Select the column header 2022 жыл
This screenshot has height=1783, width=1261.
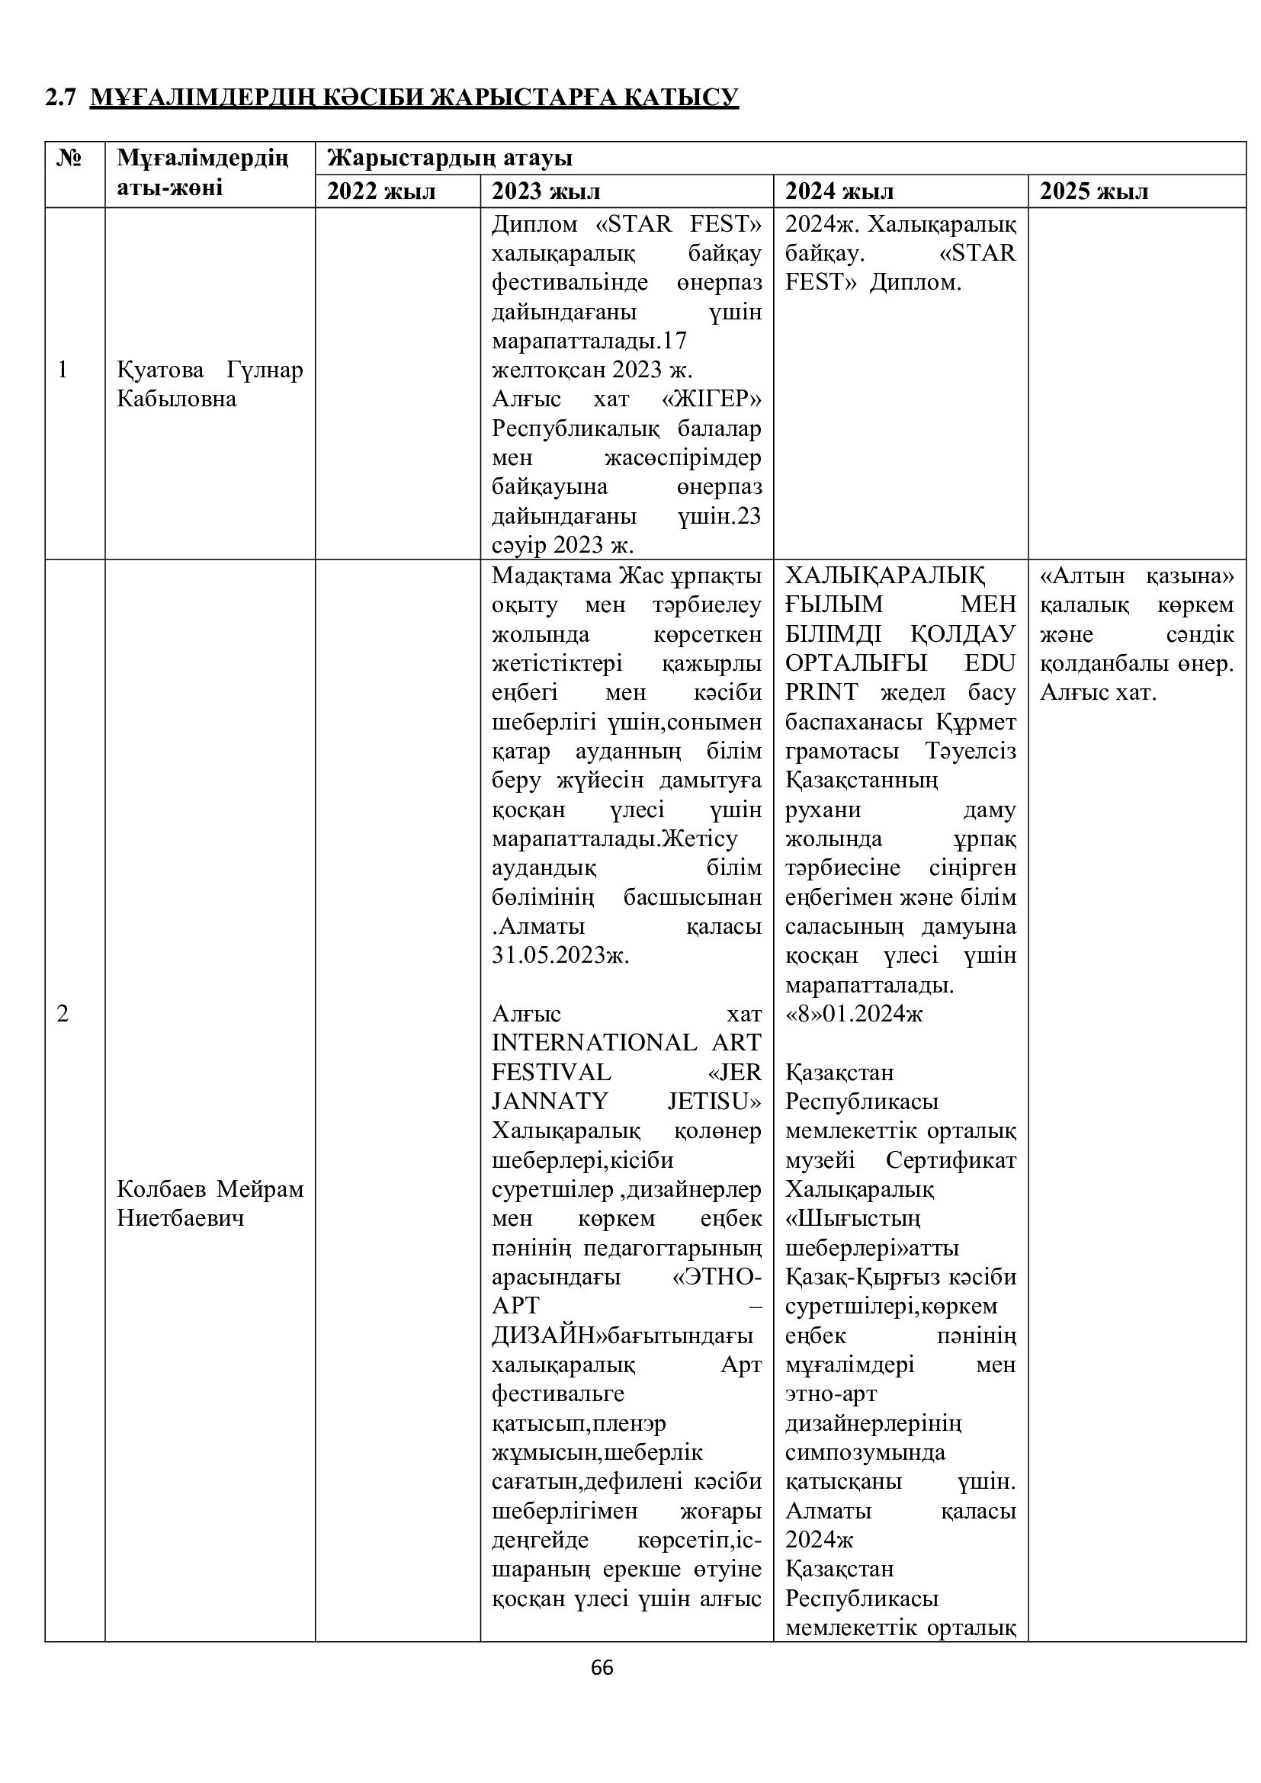pos(380,191)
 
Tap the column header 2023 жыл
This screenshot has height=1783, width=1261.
pos(546,191)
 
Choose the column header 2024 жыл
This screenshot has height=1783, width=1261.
pos(839,191)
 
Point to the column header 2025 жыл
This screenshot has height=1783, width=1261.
pos(1094,191)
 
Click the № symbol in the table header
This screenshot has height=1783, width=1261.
pos(71,159)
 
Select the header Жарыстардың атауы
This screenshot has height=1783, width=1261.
pos(450,159)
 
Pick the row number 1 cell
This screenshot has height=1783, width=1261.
pos(63,370)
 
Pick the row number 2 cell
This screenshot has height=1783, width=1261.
pos(63,1013)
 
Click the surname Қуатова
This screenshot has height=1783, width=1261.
pos(160,370)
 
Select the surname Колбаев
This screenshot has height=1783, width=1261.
pos(161,1189)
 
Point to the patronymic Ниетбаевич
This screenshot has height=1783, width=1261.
pos(180,1217)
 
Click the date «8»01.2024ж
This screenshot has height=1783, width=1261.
pos(853,1013)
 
